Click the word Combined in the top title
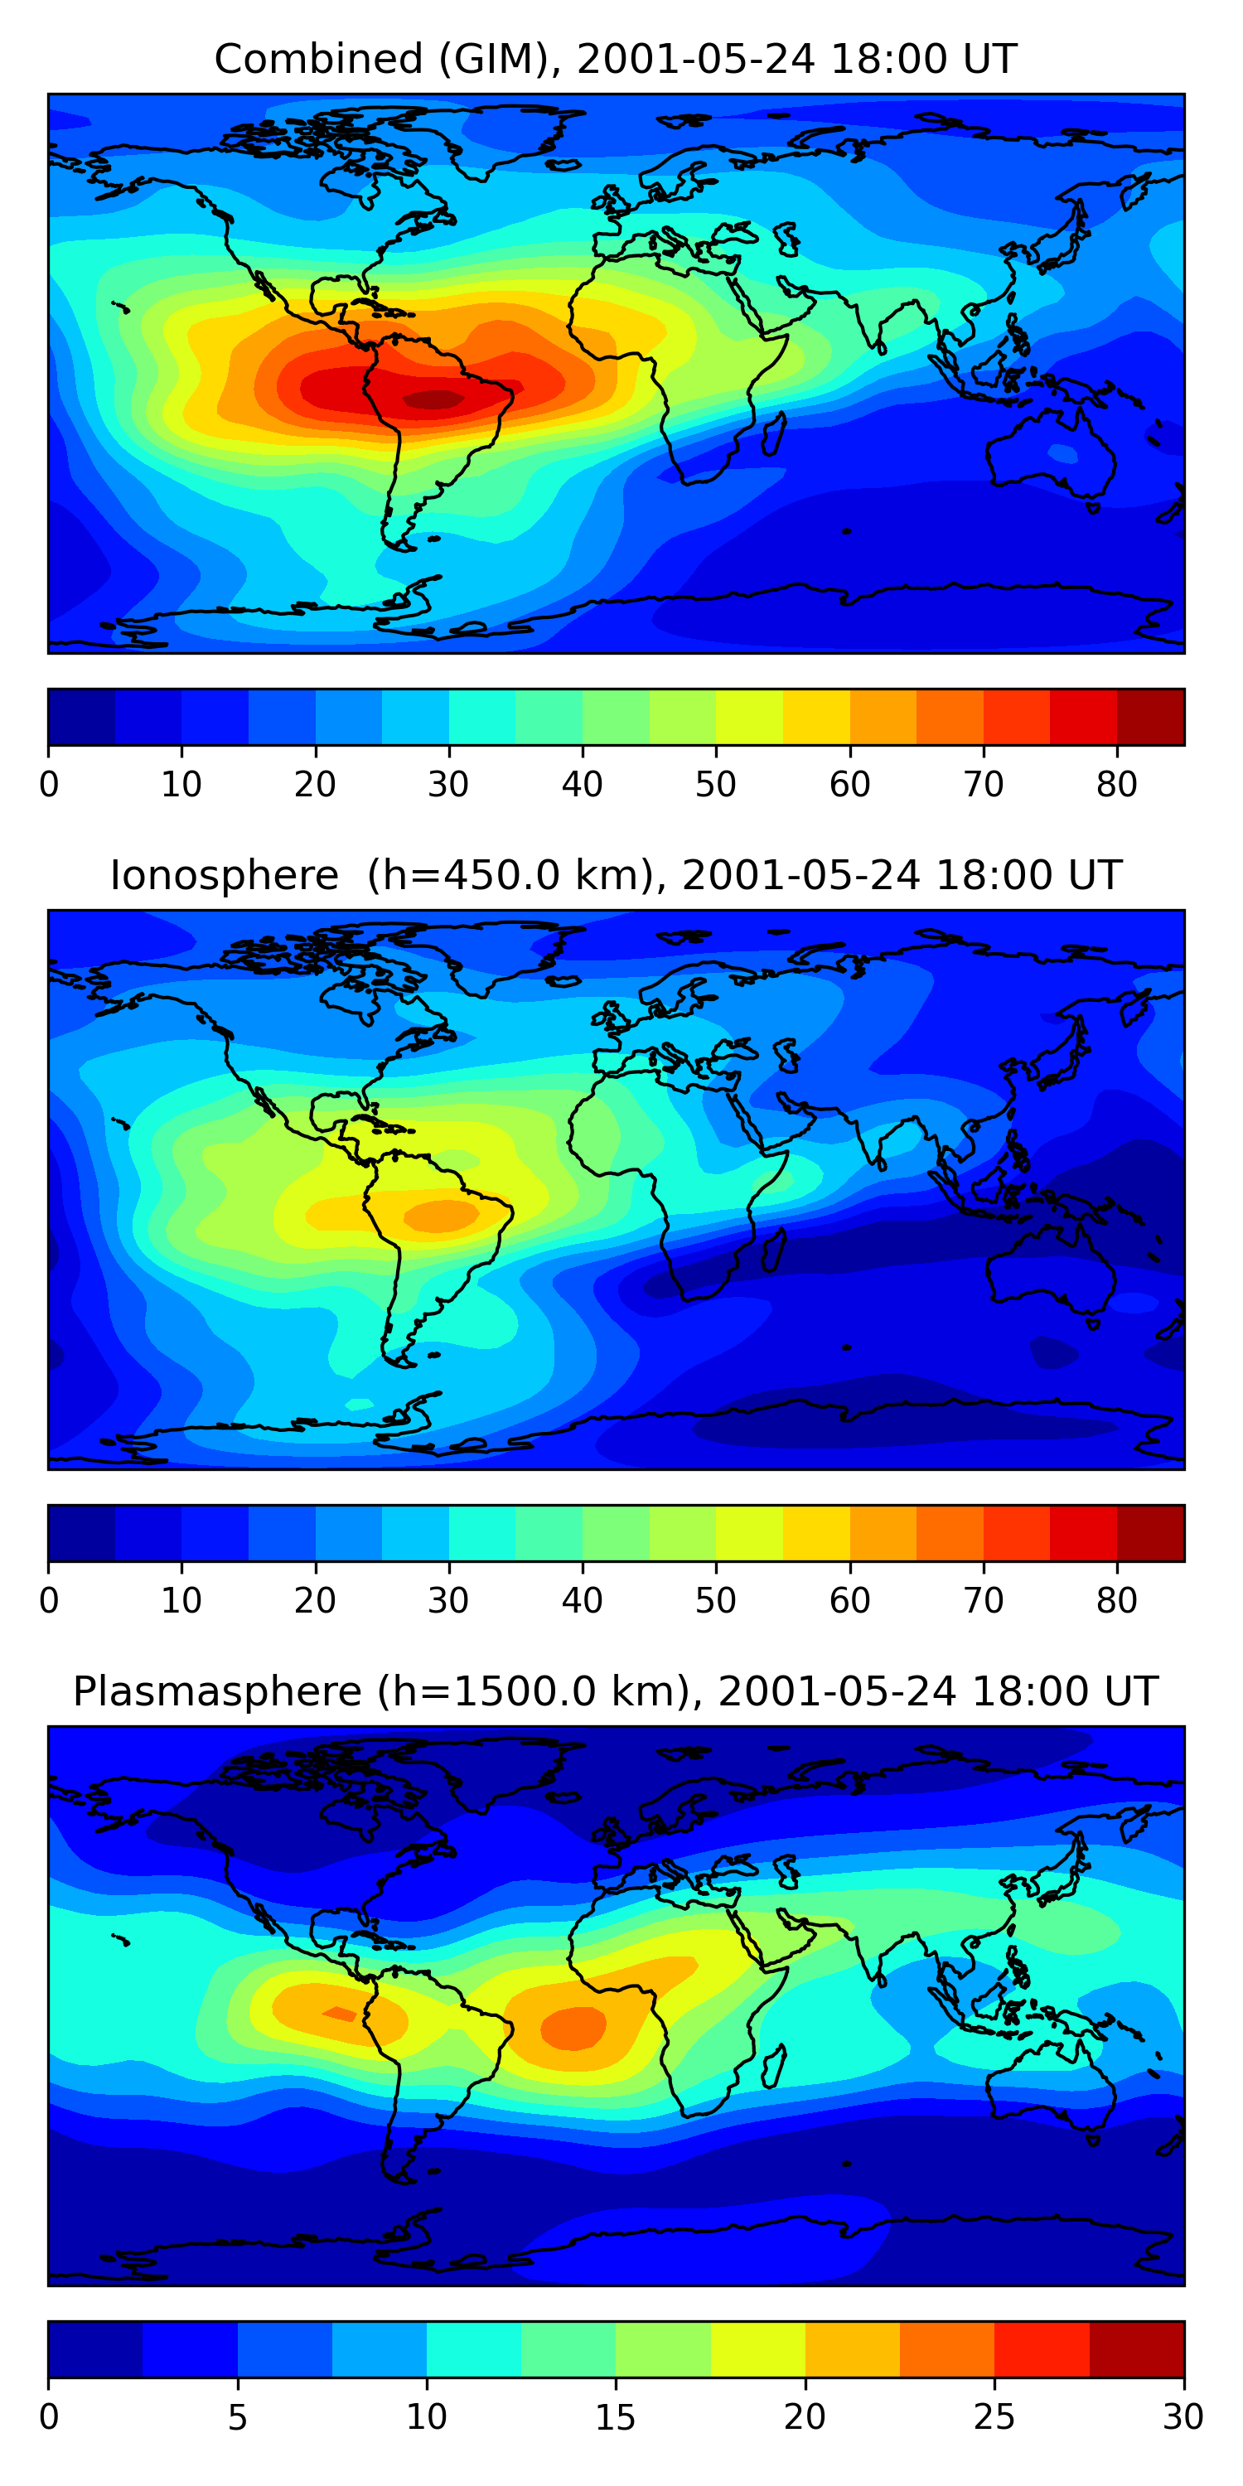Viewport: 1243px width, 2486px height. point(317,60)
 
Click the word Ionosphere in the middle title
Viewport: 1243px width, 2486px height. point(224,876)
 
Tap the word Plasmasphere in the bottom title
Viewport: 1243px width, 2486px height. point(217,1692)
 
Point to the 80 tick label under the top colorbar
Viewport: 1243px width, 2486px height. point(1116,785)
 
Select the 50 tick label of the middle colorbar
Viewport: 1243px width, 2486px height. point(715,1601)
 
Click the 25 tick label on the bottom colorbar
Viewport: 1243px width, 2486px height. point(994,2417)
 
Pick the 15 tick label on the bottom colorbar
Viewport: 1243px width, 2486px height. point(615,2417)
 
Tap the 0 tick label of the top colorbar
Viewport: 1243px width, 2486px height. point(49,785)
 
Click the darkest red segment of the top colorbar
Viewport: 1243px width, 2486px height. point(1150,717)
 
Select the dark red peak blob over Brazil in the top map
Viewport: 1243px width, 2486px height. point(433,399)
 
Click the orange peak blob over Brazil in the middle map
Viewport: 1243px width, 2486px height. point(441,1215)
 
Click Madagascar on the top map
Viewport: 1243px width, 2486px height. point(774,434)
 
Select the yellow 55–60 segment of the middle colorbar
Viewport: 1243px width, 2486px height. point(815,1532)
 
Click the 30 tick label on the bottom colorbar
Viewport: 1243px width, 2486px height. point(1183,2417)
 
